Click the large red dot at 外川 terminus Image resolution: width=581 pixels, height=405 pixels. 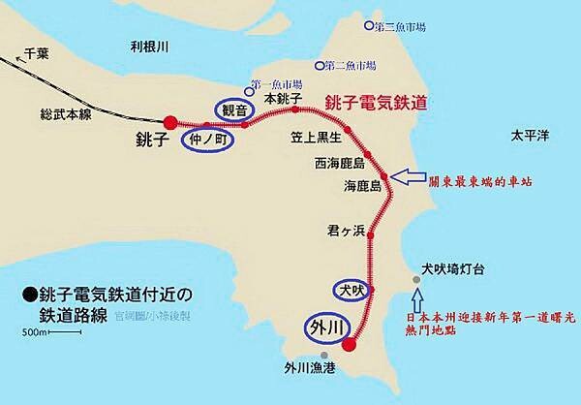(x=350, y=342)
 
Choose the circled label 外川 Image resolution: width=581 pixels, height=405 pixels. (x=325, y=326)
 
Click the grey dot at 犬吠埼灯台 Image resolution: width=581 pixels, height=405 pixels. (x=416, y=279)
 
